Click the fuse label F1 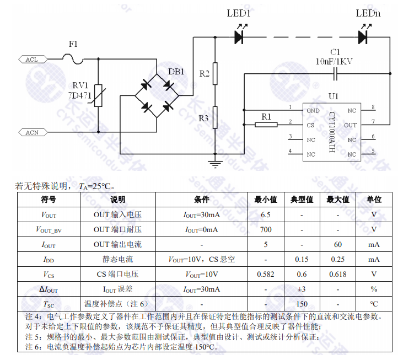pyautogui.click(x=73, y=43)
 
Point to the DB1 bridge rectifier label pyautogui.click(x=176, y=72)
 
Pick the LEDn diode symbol pyautogui.click(x=363, y=37)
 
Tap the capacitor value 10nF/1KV pyautogui.click(x=334, y=61)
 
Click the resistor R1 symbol pyautogui.click(x=266, y=124)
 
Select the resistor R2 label pyautogui.click(x=204, y=73)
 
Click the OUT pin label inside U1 pyautogui.click(x=351, y=125)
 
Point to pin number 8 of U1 pyautogui.click(x=373, y=107)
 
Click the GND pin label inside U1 pyautogui.click(x=313, y=110)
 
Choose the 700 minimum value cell pyautogui.click(x=266, y=229)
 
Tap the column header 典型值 pyautogui.click(x=302, y=199)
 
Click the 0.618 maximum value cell pyautogui.click(x=338, y=274)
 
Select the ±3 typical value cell pyautogui.click(x=302, y=289)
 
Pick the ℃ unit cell pyautogui.click(x=374, y=304)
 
